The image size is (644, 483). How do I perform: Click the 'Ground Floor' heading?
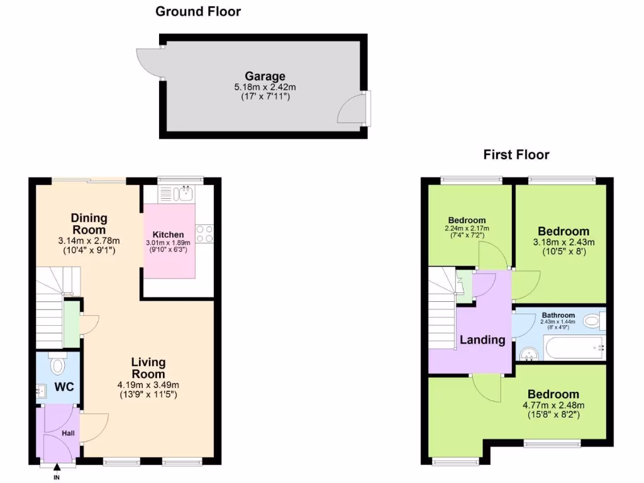click(197, 11)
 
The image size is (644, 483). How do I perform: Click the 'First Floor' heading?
click(516, 155)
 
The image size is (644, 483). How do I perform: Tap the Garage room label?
click(265, 77)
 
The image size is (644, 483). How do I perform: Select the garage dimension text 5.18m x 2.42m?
click(265, 87)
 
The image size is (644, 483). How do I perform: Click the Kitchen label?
click(169, 235)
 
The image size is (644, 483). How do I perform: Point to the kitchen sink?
click(185, 193)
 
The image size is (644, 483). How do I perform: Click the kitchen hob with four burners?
click(204, 234)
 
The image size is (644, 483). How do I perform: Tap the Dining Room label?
click(89, 224)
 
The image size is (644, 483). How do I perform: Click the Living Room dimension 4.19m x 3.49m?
click(148, 385)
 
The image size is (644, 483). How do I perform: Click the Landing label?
click(482, 340)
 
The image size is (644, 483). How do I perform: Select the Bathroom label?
click(558, 315)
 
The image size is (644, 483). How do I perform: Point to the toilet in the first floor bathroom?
click(592, 322)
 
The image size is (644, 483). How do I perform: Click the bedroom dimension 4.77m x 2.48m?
click(553, 405)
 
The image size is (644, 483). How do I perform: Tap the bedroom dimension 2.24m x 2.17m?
click(466, 228)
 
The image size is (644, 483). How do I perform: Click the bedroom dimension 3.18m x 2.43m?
click(563, 242)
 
